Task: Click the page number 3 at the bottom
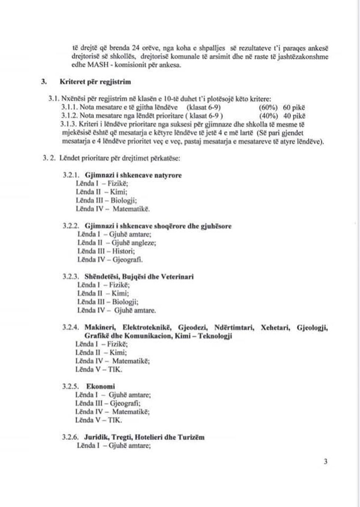325,462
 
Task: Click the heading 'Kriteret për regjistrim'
95,82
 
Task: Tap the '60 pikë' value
294,108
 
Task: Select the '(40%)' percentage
269,116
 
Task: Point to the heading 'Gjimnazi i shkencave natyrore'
133,175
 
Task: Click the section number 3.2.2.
71,226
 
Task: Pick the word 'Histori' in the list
123,251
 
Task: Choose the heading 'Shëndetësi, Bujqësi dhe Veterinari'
139,277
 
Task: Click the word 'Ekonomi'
101,386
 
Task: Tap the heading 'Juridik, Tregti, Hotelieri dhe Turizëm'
144,437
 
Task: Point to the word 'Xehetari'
276,327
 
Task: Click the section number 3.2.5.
71,386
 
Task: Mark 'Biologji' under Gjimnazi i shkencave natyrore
124,200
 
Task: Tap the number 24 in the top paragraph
136,48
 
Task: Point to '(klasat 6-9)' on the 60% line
204,108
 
